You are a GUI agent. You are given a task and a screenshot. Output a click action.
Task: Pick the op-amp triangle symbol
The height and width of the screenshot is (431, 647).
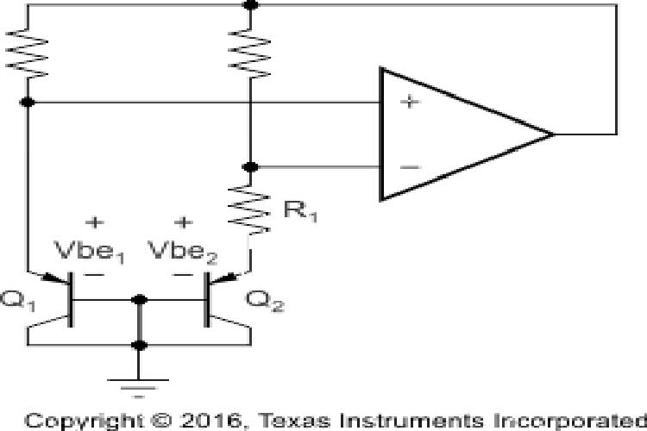coord(457,134)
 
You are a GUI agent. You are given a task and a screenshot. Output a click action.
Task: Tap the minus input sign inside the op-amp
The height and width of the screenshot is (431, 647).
coord(410,166)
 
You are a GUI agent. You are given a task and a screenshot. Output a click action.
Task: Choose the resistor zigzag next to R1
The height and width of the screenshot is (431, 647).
coord(250,207)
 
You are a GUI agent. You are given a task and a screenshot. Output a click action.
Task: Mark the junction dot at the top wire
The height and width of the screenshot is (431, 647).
coord(250,5)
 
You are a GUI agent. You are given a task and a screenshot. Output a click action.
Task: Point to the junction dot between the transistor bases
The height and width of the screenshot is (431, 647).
coord(139,299)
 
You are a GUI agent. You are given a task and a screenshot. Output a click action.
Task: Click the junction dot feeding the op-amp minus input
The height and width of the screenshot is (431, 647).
coord(250,166)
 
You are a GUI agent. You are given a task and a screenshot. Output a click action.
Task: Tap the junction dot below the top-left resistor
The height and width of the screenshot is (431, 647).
coord(28,103)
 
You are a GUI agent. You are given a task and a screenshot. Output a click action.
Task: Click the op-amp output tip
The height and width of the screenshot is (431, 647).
coord(552,134)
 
